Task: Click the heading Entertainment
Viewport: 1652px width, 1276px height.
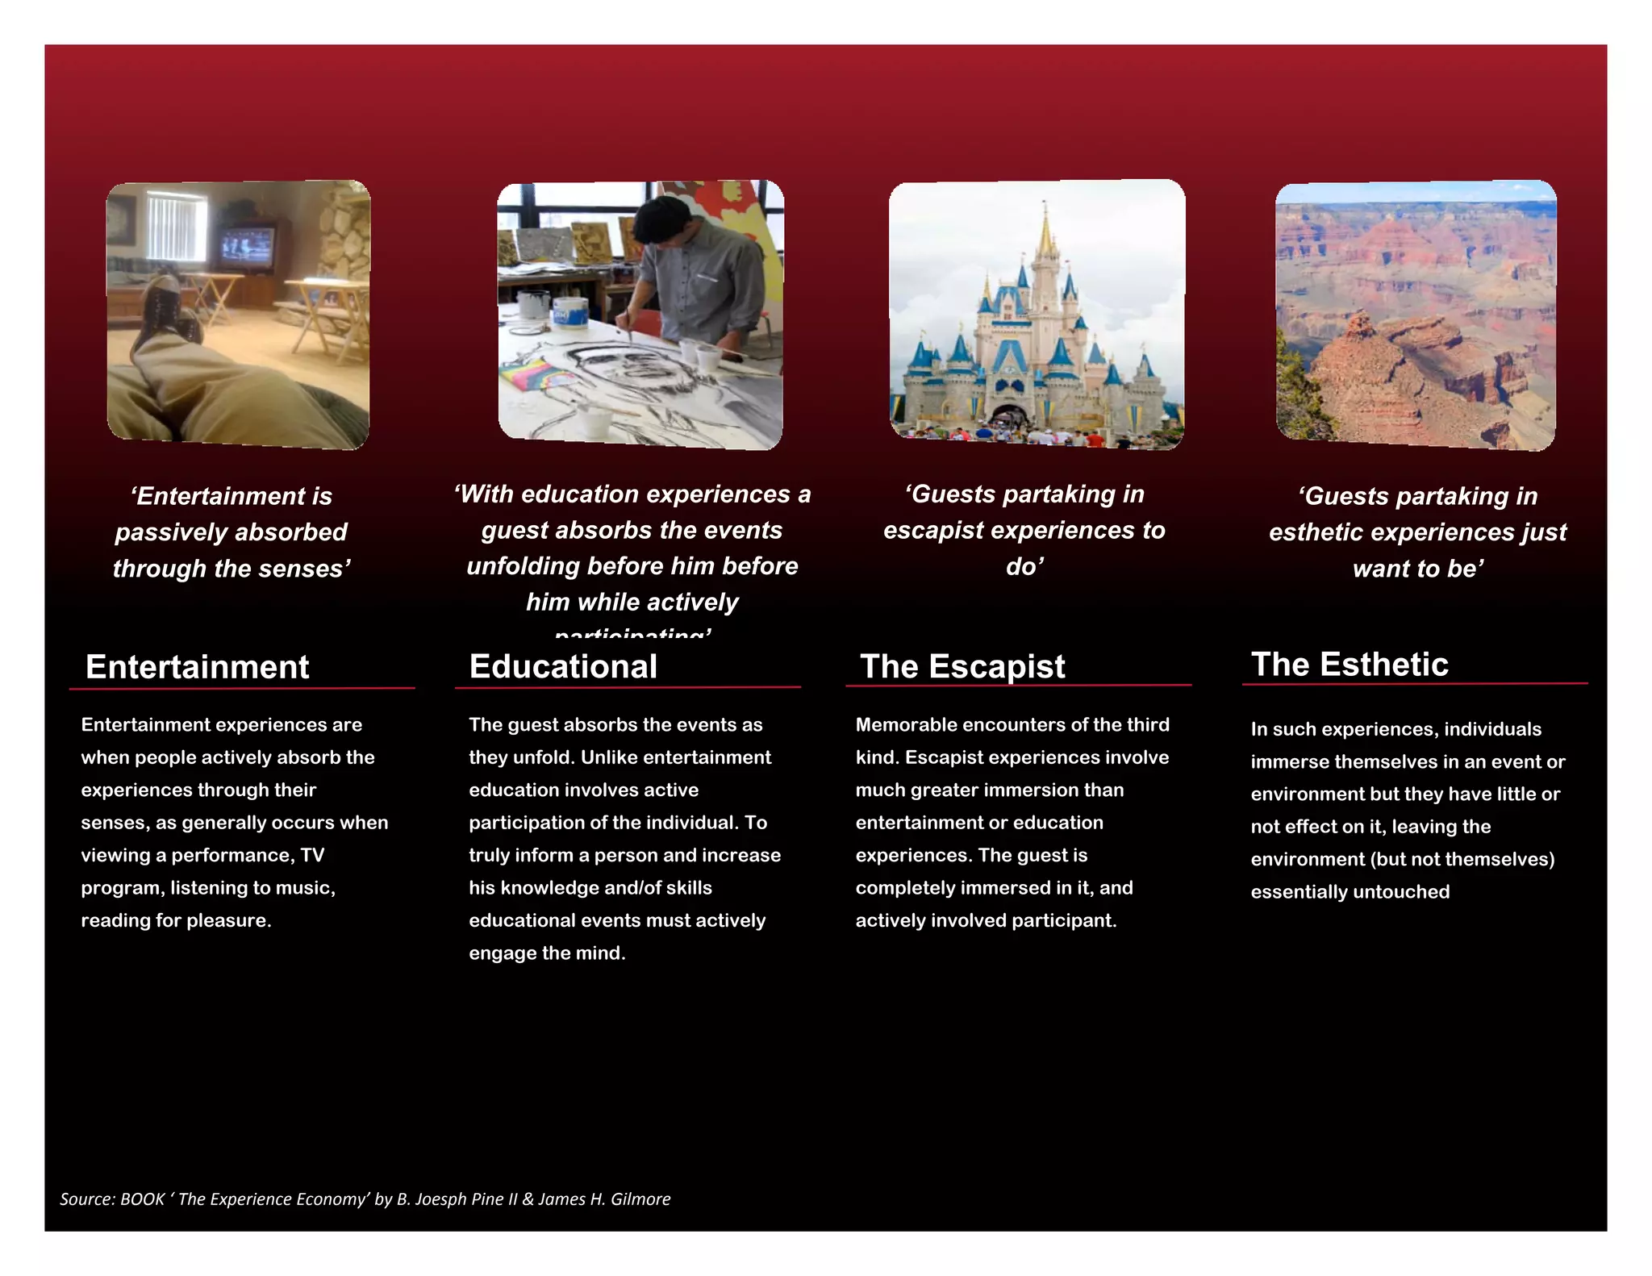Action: click(x=197, y=667)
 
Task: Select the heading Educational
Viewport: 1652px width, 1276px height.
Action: click(x=563, y=666)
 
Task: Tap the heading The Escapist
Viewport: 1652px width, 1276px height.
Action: click(x=962, y=666)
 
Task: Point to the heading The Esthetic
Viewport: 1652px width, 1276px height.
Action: click(x=1350, y=664)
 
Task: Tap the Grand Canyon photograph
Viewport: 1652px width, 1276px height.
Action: click(x=1416, y=315)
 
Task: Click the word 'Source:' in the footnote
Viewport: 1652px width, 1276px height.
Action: click(x=87, y=1199)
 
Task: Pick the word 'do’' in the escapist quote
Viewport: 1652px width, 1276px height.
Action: click(x=1024, y=566)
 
